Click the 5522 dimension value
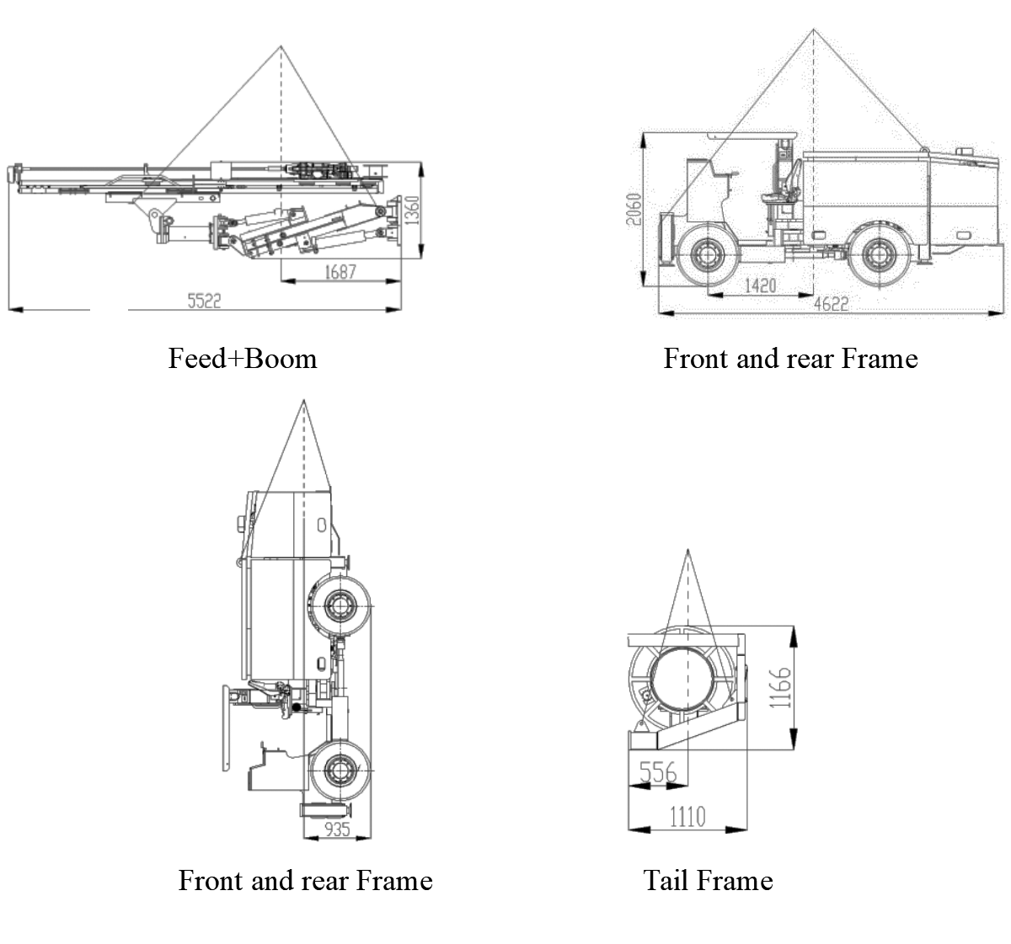(203, 301)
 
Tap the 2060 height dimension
(635, 210)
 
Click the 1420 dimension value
(760, 285)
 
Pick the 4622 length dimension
(831, 303)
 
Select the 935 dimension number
(336, 829)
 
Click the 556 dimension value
(658, 771)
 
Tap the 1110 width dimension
(687, 815)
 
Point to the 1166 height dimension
(782, 687)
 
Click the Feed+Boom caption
(243, 359)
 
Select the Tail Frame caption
(708, 881)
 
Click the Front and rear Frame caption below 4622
(790, 359)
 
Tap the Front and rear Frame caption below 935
(305, 881)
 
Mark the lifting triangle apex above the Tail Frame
(687, 550)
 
